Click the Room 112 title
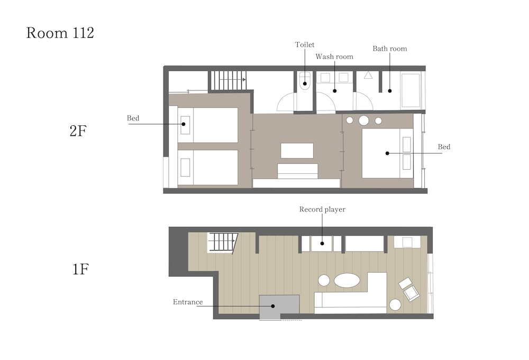(x=60, y=33)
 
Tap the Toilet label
(x=305, y=44)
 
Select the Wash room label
(x=334, y=57)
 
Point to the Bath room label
(x=390, y=49)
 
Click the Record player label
(x=322, y=209)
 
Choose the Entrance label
(x=188, y=302)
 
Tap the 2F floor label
(x=78, y=131)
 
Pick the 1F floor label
(x=80, y=269)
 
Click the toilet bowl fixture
(x=305, y=81)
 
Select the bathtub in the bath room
(x=411, y=90)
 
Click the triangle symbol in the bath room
(x=368, y=75)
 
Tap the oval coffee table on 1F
(x=347, y=280)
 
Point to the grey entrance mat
(x=279, y=307)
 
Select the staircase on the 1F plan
(x=222, y=242)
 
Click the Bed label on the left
(x=133, y=118)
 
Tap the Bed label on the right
(x=444, y=146)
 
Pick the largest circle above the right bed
(x=364, y=121)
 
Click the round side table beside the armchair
(x=395, y=304)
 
